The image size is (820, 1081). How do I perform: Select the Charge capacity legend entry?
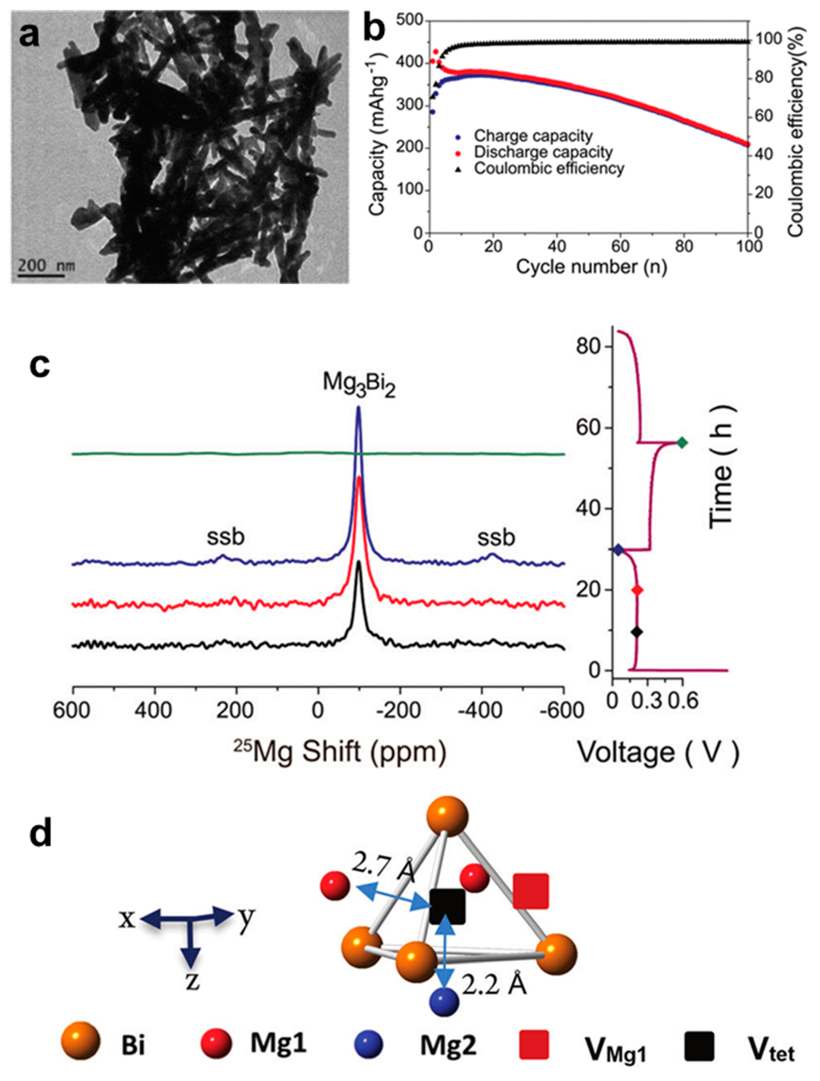(533, 136)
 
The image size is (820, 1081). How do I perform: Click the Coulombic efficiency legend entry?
(549, 169)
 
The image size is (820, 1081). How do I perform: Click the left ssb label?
(225, 537)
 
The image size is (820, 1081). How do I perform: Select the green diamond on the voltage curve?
(682, 443)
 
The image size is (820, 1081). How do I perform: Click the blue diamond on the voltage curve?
(618, 550)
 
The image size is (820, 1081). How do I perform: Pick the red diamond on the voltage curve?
(637, 590)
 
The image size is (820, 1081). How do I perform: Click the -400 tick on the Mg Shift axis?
(481, 711)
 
